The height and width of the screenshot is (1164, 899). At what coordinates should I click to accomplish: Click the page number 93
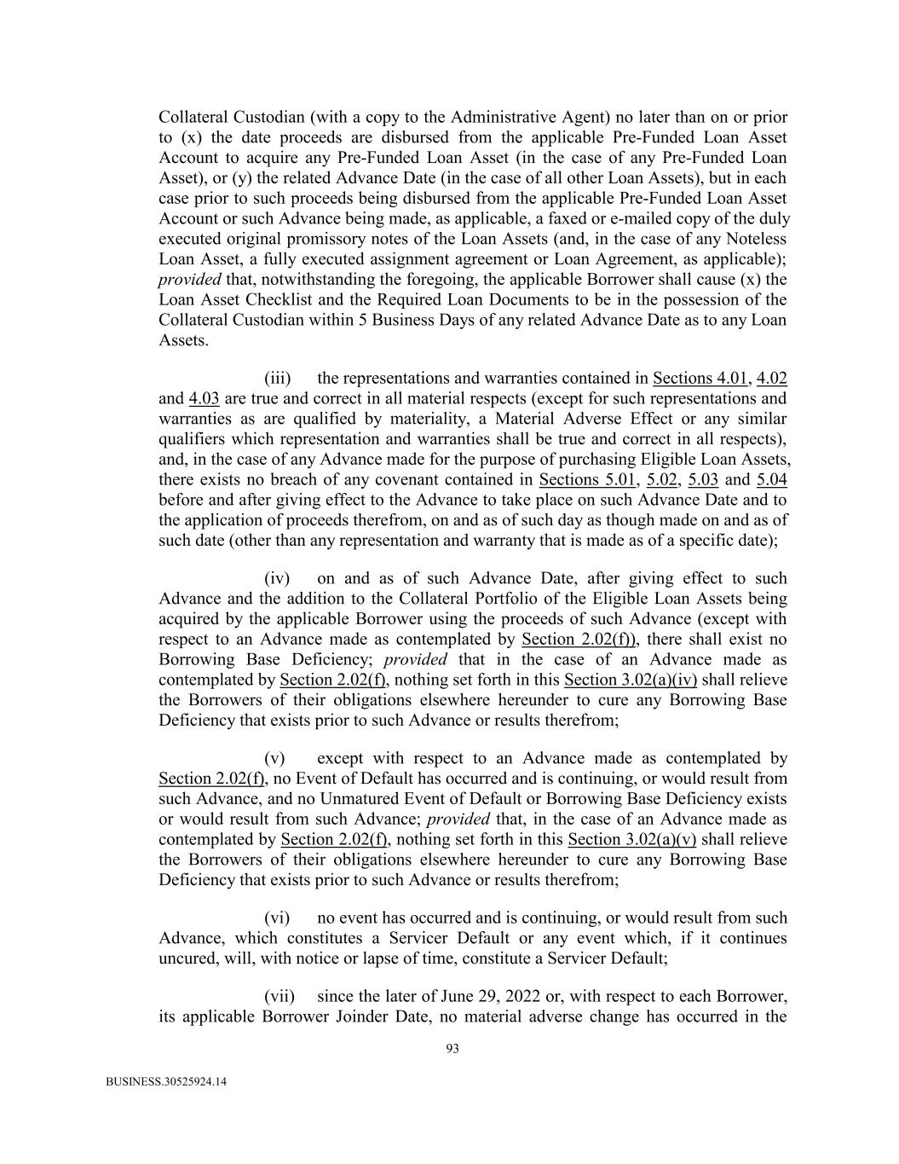tap(452, 1049)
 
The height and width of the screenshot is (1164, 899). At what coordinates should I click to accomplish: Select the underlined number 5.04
tap(771, 480)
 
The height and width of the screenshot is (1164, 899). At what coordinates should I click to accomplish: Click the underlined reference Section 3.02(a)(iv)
tap(631, 680)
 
